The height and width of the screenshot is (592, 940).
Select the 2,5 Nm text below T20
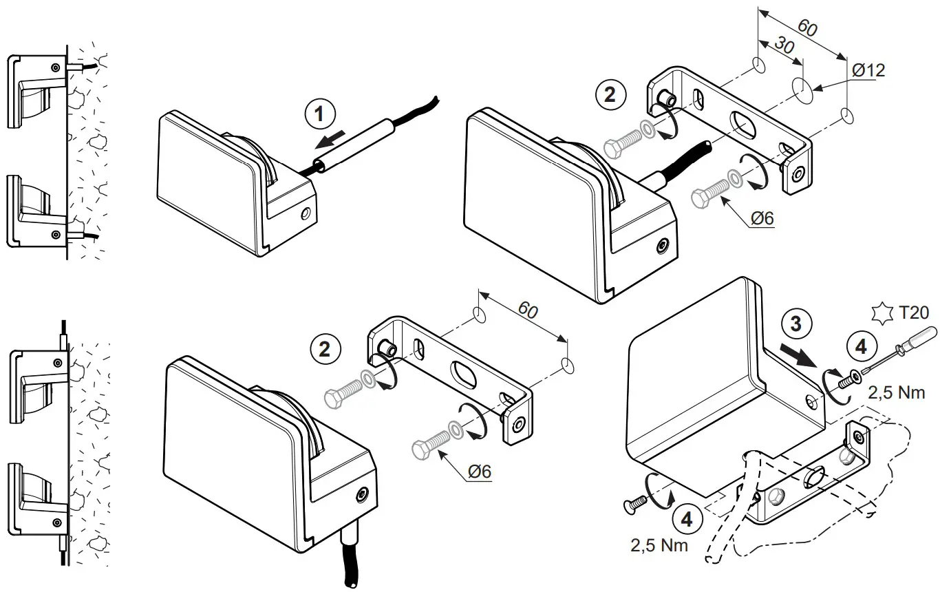[897, 394]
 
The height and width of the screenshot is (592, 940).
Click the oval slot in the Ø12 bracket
[743, 125]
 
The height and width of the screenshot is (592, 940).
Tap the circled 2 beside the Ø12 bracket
[610, 94]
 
